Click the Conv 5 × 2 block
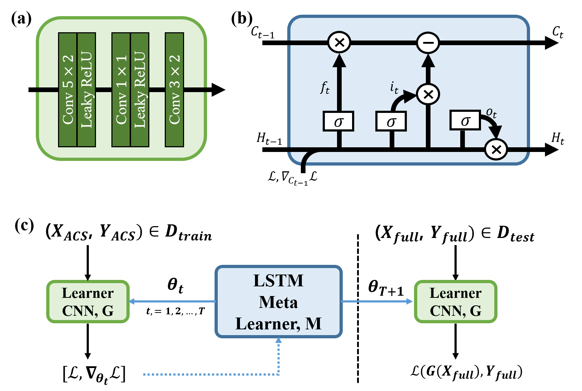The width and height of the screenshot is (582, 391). click(68, 90)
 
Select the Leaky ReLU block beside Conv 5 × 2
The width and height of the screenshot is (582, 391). click(86, 90)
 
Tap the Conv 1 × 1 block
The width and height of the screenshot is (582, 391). click(121, 90)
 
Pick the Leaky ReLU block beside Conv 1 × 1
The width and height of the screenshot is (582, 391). click(140, 90)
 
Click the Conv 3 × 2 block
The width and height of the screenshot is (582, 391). click(174, 90)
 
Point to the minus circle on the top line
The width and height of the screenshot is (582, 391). click(428, 43)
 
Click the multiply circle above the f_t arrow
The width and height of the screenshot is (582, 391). click(339, 43)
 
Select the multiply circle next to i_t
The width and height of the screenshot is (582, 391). click(428, 94)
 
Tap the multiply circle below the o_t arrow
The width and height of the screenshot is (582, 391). click(496, 149)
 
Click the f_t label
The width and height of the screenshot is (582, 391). click(324, 88)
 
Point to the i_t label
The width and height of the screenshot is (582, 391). click(394, 87)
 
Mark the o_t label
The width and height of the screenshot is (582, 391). click(491, 113)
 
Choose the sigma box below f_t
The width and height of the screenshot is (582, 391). click(338, 121)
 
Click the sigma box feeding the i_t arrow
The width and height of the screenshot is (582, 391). click(391, 121)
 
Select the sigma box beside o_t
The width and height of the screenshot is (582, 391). click(465, 120)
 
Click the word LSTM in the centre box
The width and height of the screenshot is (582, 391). click(278, 281)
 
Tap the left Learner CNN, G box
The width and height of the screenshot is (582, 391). click(88, 302)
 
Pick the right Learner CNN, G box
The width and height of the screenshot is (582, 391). click(456, 302)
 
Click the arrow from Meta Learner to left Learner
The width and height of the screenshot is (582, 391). click(172, 301)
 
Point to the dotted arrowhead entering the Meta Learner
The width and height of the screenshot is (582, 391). click(278, 340)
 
